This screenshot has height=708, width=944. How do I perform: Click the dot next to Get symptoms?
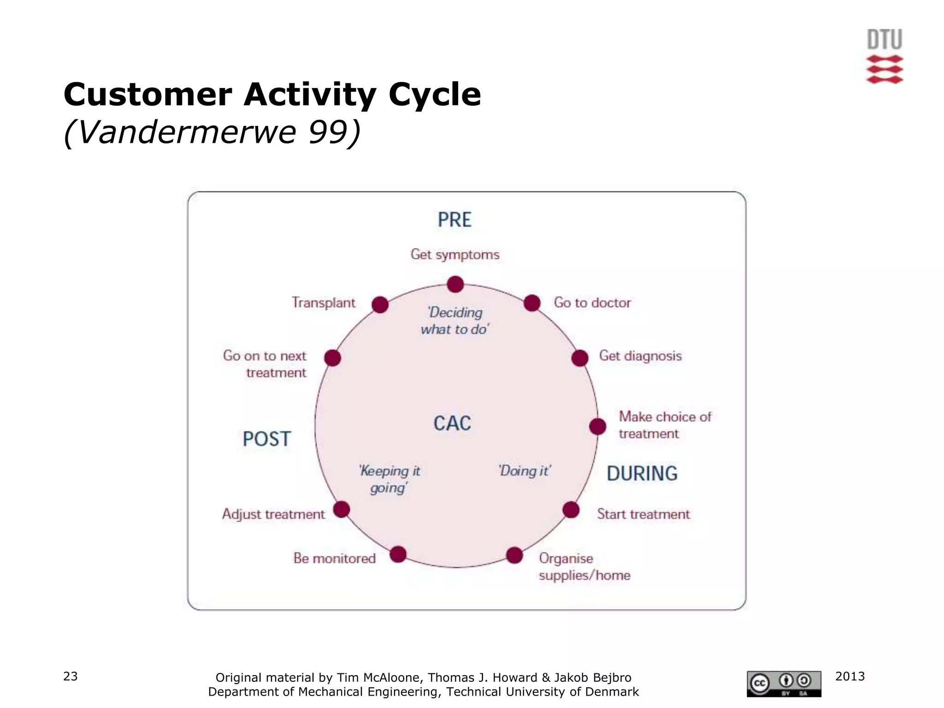pyautogui.click(x=455, y=284)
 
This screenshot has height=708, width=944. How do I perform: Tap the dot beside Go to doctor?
pyautogui.click(x=532, y=303)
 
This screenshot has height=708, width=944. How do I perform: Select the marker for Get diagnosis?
pyautogui.click(x=580, y=358)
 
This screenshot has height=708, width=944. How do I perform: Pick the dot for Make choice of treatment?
pyautogui.click(x=598, y=426)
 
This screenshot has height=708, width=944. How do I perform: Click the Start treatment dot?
pyautogui.click(x=571, y=510)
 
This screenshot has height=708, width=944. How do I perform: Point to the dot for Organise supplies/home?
pyautogui.click(x=514, y=555)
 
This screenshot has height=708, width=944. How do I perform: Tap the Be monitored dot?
pyautogui.click(x=398, y=554)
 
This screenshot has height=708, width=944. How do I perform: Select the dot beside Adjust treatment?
pyautogui.click(x=342, y=509)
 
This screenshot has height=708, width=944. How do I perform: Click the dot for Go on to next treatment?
pyautogui.click(x=332, y=358)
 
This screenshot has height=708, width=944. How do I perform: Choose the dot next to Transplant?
pyautogui.click(x=380, y=305)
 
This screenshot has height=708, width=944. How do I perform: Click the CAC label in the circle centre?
pyautogui.click(x=452, y=424)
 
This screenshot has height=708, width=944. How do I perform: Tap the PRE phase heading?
pyautogui.click(x=454, y=220)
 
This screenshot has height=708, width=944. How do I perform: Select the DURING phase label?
pyautogui.click(x=642, y=474)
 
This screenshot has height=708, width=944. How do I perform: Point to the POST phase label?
pyautogui.click(x=267, y=439)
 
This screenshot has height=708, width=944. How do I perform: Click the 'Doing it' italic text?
pyautogui.click(x=525, y=471)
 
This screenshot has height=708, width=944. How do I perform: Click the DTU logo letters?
pyautogui.click(x=885, y=40)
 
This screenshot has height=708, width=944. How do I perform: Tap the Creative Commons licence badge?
pyautogui.click(x=784, y=684)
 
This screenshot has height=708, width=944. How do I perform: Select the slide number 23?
pyautogui.click(x=71, y=676)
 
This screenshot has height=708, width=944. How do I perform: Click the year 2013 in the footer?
pyautogui.click(x=850, y=676)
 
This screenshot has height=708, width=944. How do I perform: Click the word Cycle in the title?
pyautogui.click(x=435, y=94)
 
